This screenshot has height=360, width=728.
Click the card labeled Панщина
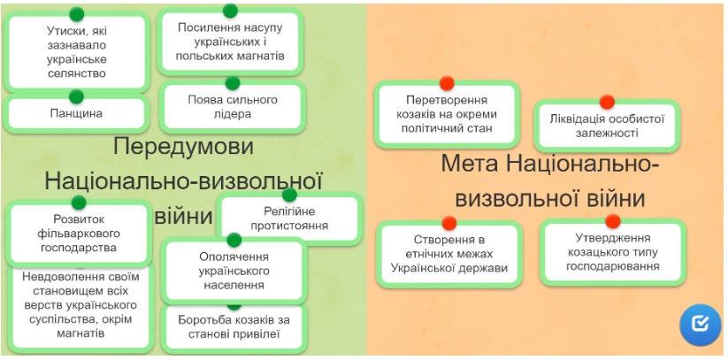[x=75, y=114]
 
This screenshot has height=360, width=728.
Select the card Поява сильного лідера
[x=233, y=107]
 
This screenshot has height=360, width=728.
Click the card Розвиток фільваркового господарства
[x=78, y=233]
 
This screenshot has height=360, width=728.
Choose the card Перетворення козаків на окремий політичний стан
[x=447, y=114]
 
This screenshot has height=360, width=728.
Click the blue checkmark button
[x=700, y=325]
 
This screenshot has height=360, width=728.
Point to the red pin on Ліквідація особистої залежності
[x=607, y=102]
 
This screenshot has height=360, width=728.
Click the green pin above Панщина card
[x=76, y=96]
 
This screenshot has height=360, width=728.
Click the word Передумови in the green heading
[x=183, y=146]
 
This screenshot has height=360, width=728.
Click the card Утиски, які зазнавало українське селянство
[x=76, y=51]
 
